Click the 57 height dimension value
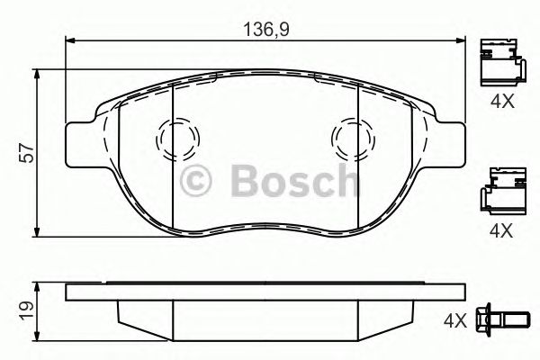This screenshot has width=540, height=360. click(28, 153)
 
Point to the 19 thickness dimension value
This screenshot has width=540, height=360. click(27, 310)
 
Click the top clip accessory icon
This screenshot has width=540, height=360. click(500, 61)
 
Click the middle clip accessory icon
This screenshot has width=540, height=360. click(500, 191)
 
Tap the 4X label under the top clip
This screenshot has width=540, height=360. click(501, 103)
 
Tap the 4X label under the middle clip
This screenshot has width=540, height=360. click(501, 230)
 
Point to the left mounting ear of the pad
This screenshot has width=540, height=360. click(81, 142)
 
